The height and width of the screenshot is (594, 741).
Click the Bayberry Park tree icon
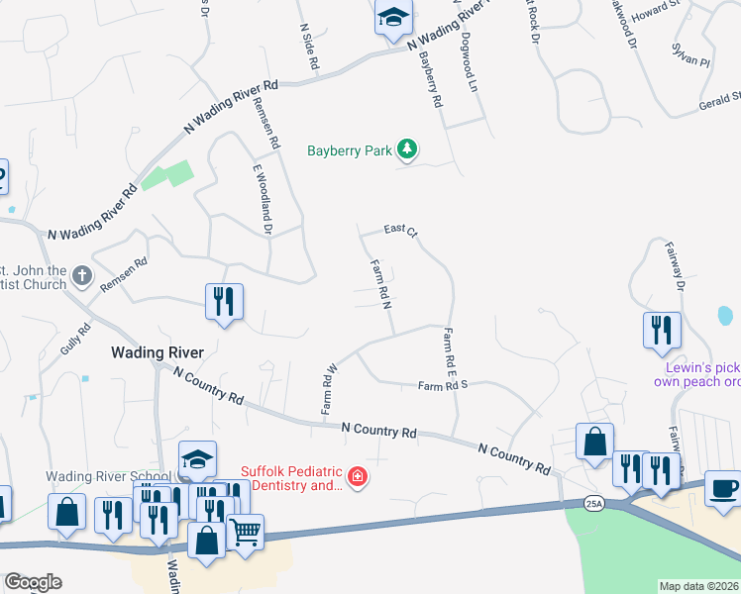406,149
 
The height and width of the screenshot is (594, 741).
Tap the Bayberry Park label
350,151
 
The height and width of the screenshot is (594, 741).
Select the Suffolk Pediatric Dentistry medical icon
358,479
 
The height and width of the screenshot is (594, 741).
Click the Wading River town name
158,352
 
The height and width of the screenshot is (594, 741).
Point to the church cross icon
83,276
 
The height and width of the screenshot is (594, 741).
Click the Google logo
33,582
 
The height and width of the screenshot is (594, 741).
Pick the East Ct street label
401,230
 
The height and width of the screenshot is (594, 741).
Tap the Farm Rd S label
442,386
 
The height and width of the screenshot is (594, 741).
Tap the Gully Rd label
75,339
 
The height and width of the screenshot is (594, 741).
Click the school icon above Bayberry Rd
393,17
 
